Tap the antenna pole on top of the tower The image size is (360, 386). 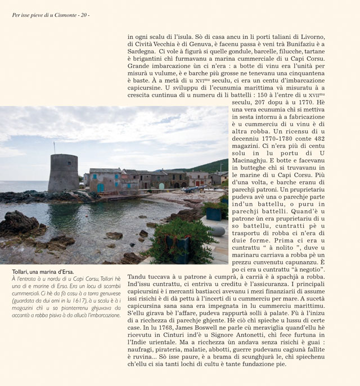tap(54, 148)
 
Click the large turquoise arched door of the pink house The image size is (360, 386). tap(100, 187)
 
